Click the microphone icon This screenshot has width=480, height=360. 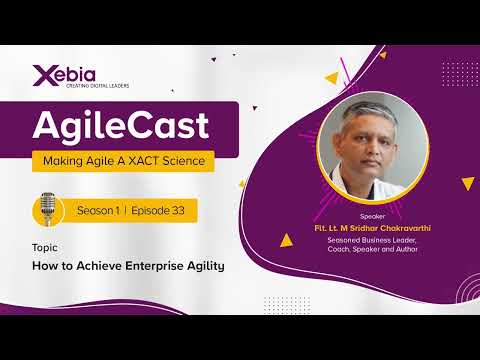click(x=46, y=210)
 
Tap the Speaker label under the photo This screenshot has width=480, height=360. click(x=370, y=215)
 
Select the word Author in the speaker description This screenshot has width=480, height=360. click(x=409, y=250)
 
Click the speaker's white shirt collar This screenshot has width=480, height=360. click(x=396, y=186)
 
